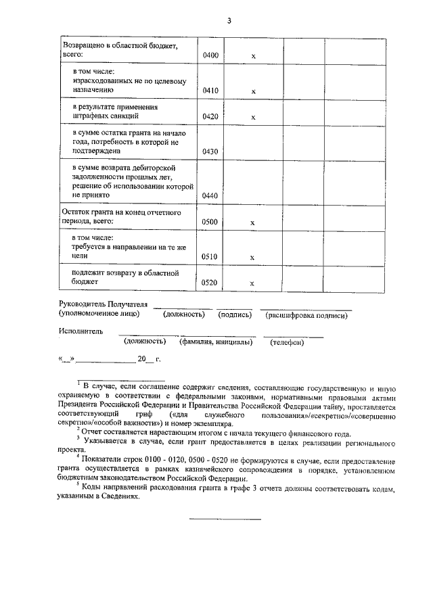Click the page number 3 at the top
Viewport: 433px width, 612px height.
tap(229, 20)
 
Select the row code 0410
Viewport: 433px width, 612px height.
tap(210, 90)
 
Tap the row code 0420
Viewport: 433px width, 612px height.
tap(210, 117)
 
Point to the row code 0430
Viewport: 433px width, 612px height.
tap(210, 151)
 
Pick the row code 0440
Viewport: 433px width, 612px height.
tap(210, 195)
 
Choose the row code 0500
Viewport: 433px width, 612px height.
tap(210, 222)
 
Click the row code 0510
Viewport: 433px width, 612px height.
tap(210, 257)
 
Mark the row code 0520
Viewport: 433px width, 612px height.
tap(210, 283)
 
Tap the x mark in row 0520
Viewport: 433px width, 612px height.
tap(253, 284)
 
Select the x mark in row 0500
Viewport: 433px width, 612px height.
tap(253, 222)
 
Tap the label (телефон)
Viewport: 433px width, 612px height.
tap(288, 342)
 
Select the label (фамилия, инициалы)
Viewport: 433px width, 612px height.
tap(216, 342)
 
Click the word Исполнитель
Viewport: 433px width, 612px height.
tap(81, 331)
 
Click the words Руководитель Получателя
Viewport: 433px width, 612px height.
tap(104, 304)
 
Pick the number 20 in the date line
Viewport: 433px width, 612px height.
tap(141, 359)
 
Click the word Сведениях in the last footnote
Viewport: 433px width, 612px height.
tap(120, 496)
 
